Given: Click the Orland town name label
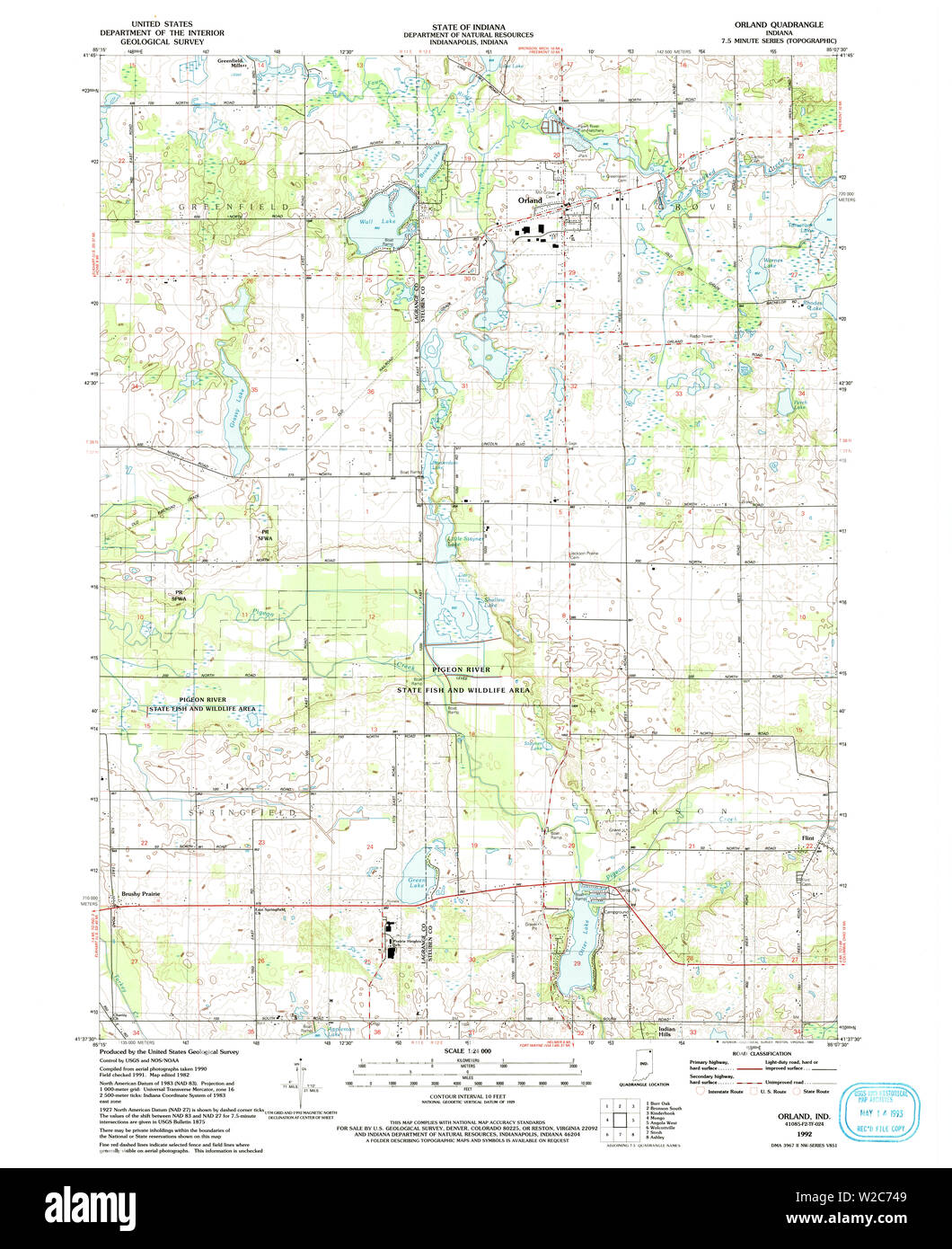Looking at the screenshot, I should (x=527, y=200).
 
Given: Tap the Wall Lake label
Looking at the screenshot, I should (x=366, y=221).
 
